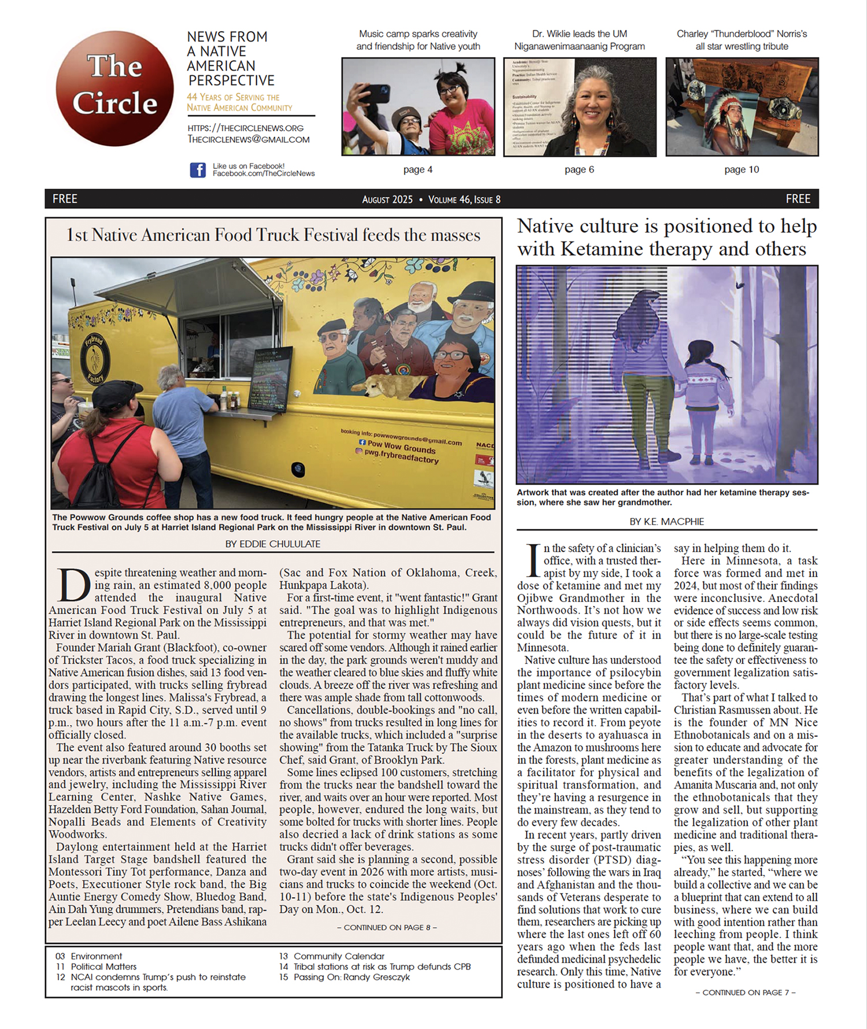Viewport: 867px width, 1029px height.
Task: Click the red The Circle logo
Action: pyautogui.click(x=114, y=88)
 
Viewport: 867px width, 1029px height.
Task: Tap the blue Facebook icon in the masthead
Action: pyautogui.click(x=198, y=170)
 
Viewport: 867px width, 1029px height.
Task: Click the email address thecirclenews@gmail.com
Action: pyautogui.click(x=249, y=139)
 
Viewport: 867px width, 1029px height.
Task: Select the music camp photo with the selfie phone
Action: pyautogui.click(x=418, y=107)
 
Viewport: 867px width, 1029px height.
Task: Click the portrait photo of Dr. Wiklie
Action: pyautogui.click(x=580, y=107)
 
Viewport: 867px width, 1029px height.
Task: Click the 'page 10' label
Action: pyautogui.click(x=741, y=169)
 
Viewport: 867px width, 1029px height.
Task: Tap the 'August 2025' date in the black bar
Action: pyautogui.click(x=387, y=199)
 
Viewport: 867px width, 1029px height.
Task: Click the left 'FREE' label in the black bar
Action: pyautogui.click(x=65, y=199)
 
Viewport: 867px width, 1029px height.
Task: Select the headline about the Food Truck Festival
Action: pyautogui.click(x=273, y=235)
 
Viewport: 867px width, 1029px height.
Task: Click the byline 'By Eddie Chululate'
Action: pyautogui.click(x=273, y=544)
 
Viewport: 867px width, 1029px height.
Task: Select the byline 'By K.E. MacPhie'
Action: pyautogui.click(x=666, y=521)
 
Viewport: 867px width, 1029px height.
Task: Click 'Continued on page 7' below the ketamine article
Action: pyautogui.click(x=745, y=992)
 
